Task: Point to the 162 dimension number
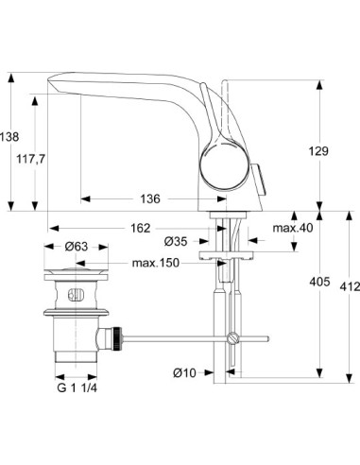[x=139, y=228]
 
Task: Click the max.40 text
[x=293, y=228]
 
